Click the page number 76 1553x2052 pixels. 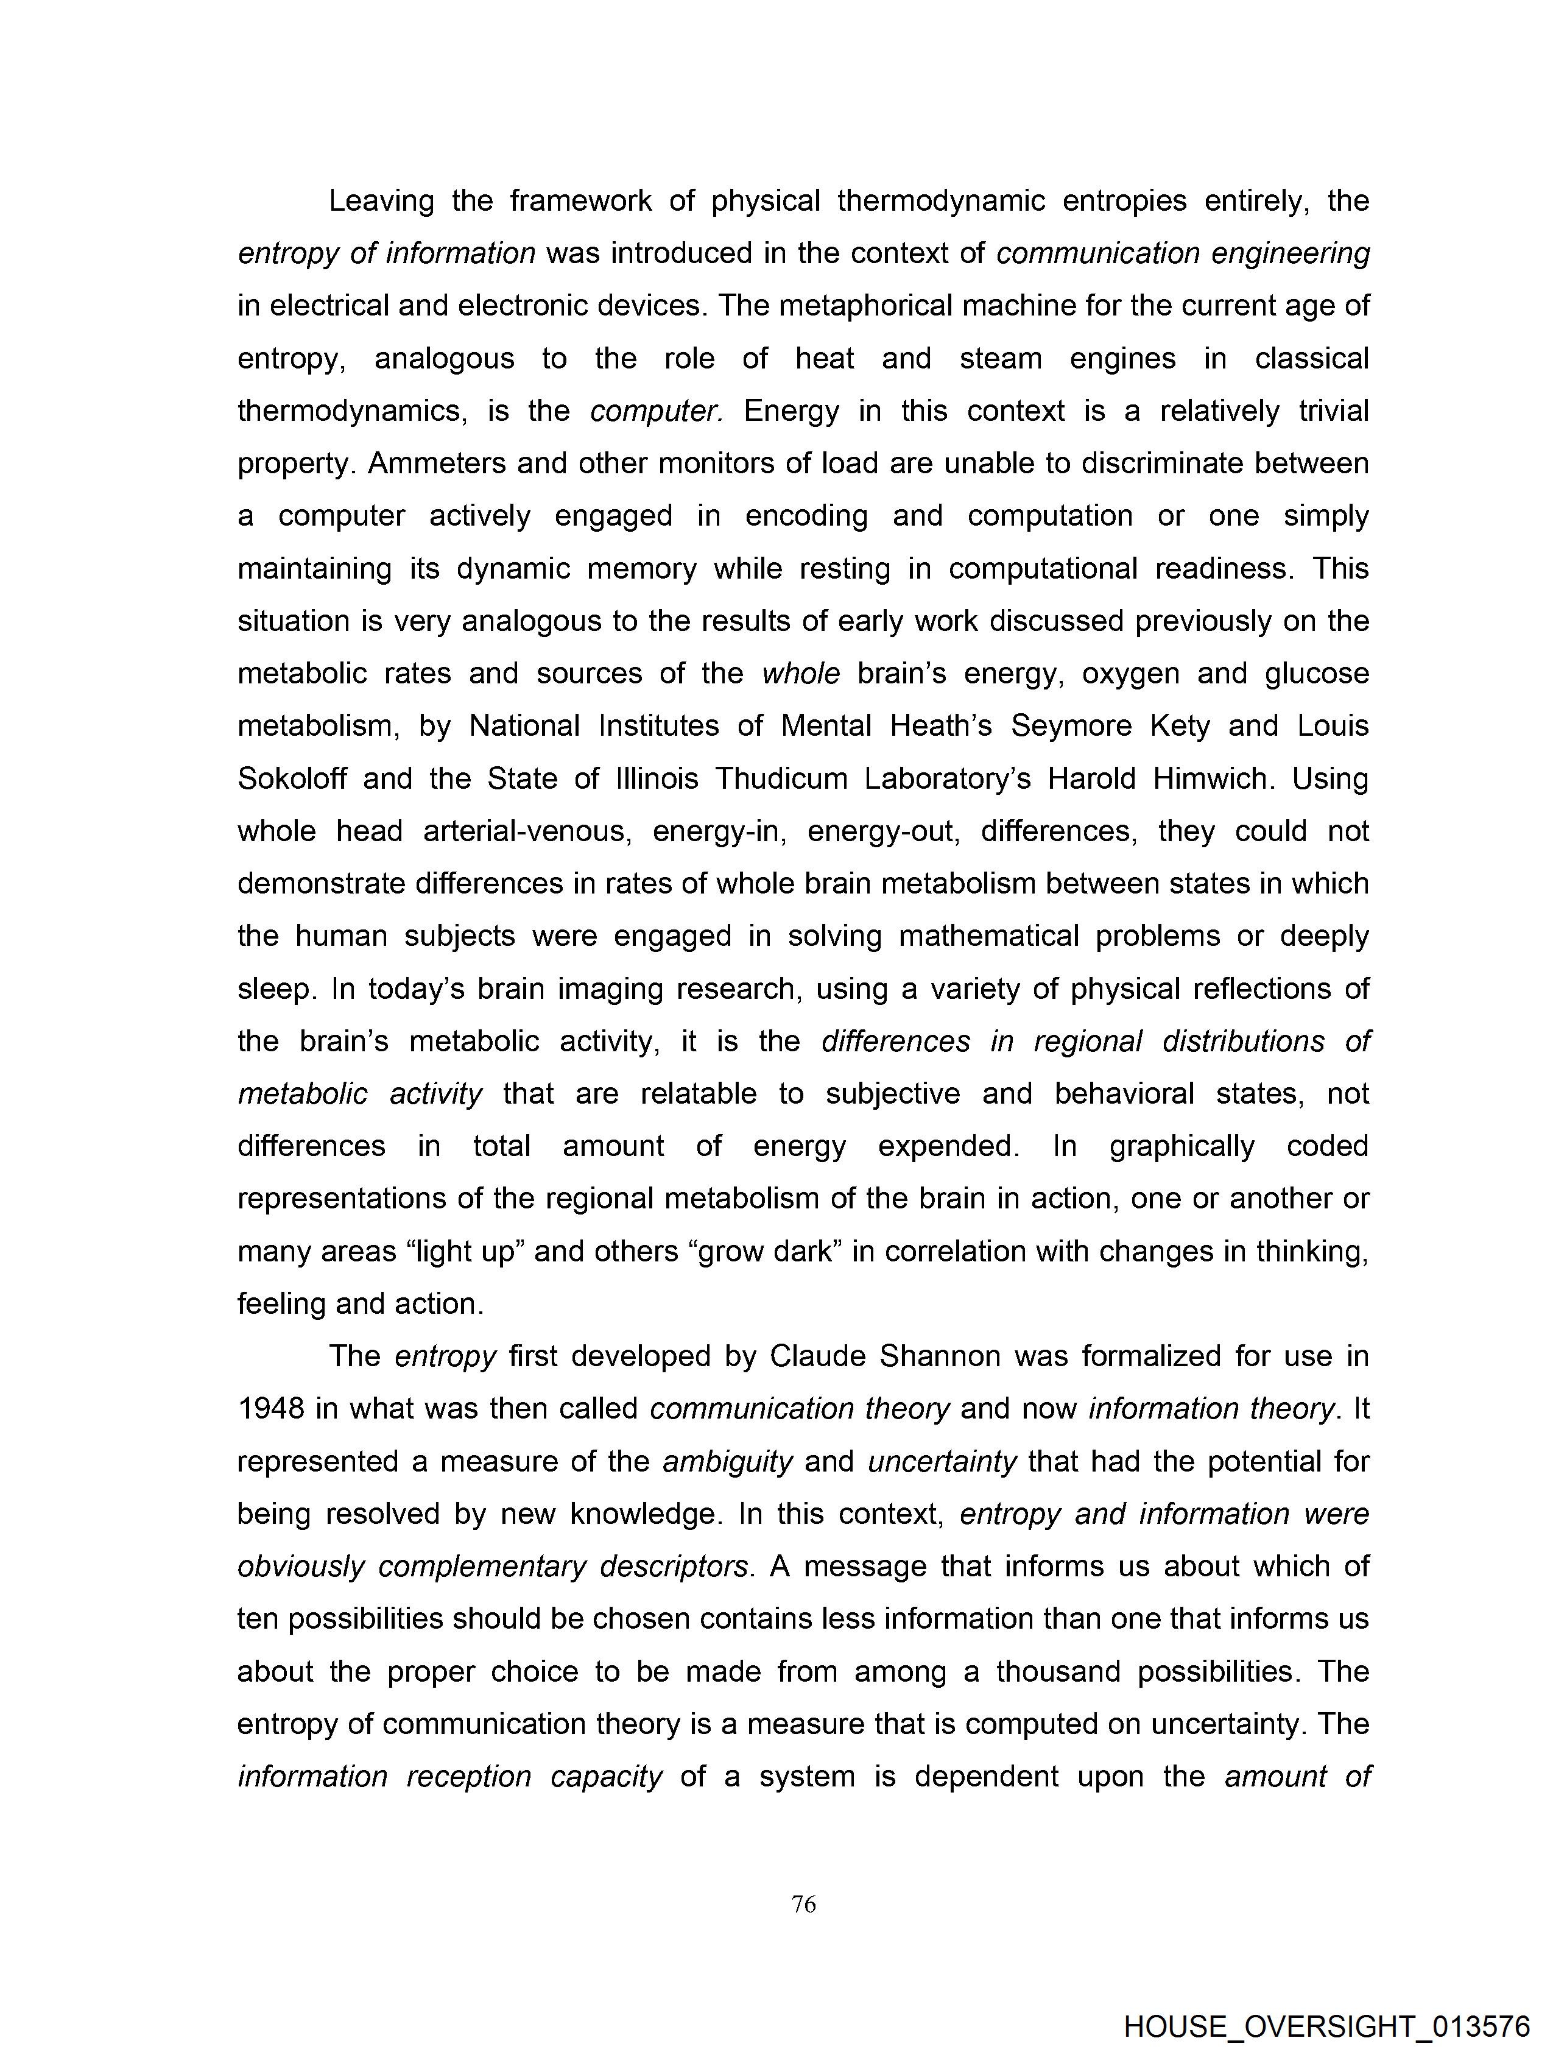click(x=803, y=1905)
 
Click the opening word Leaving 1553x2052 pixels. click(x=381, y=200)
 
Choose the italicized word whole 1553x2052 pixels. click(x=801, y=674)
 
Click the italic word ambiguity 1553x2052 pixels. click(x=727, y=1461)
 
